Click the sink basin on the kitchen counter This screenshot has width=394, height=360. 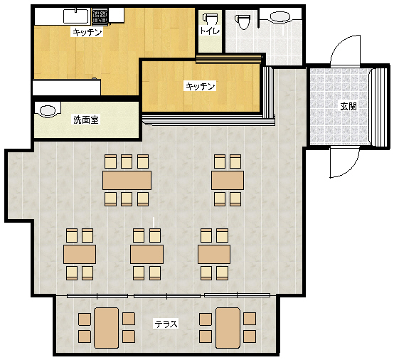(76, 16)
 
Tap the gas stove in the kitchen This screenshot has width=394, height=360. (100, 17)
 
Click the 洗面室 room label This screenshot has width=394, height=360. (86, 120)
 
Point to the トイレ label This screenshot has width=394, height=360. (210, 31)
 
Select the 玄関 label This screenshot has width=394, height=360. (348, 106)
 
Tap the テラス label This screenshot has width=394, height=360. (166, 324)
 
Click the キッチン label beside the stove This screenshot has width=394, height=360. (87, 32)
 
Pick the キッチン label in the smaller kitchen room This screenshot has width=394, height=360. (201, 86)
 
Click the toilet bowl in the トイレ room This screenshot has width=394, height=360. (210, 20)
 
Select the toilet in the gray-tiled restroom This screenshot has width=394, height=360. (243, 21)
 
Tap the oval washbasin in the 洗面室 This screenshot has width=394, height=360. (48, 110)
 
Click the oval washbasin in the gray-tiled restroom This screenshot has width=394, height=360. (280, 17)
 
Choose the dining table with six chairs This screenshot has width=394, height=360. (127, 180)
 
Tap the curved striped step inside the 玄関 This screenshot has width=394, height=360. (378, 107)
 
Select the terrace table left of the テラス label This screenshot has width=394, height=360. (106, 328)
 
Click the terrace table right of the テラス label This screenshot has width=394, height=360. (228, 328)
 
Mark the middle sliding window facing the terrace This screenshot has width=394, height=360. (167, 296)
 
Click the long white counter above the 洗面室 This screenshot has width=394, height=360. (67, 88)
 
